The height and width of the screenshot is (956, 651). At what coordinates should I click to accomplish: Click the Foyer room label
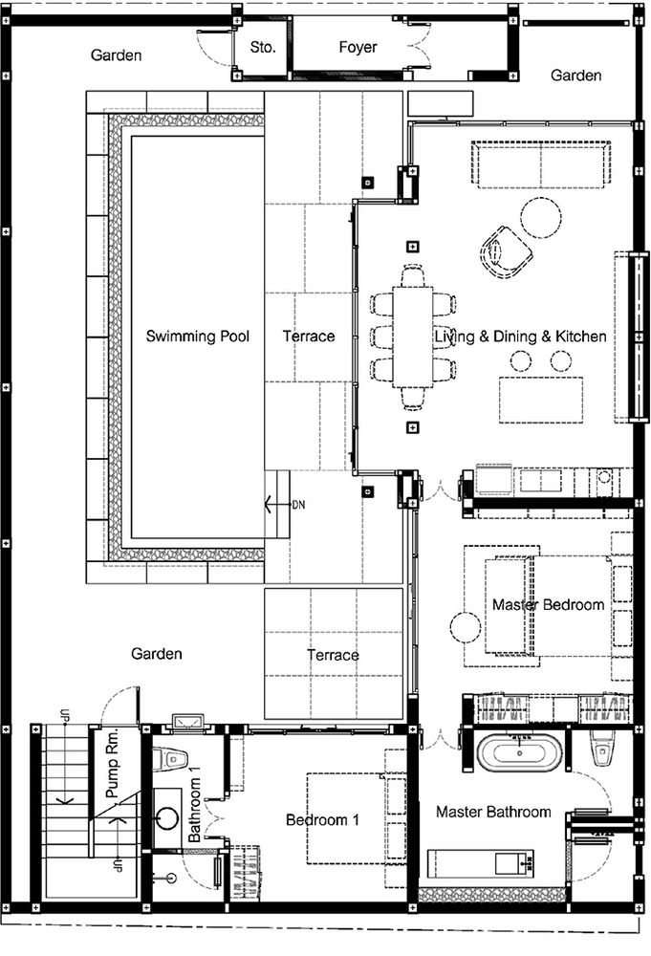(358, 48)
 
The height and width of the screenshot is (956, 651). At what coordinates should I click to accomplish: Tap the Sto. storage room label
(263, 47)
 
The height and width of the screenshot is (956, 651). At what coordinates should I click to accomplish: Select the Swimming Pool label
(198, 337)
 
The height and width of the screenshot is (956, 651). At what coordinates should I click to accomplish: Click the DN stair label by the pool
(298, 505)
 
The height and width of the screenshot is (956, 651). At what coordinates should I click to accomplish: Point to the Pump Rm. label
(113, 763)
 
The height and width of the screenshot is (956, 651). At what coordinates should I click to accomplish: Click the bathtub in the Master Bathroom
(519, 753)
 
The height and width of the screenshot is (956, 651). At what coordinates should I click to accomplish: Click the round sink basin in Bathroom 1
(166, 817)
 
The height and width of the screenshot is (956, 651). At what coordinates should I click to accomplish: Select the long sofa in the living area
(541, 165)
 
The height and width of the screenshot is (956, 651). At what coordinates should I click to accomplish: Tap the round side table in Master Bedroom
(466, 627)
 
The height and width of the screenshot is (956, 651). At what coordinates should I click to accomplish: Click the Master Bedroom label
(548, 605)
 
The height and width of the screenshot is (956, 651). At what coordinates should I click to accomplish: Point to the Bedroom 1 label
(322, 820)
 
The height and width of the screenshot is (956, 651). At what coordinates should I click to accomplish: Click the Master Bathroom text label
(493, 812)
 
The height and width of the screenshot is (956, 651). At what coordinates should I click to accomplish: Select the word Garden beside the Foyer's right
(576, 76)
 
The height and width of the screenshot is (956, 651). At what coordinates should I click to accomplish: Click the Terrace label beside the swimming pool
(309, 337)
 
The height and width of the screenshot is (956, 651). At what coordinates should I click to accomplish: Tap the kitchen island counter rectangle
(541, 400)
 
